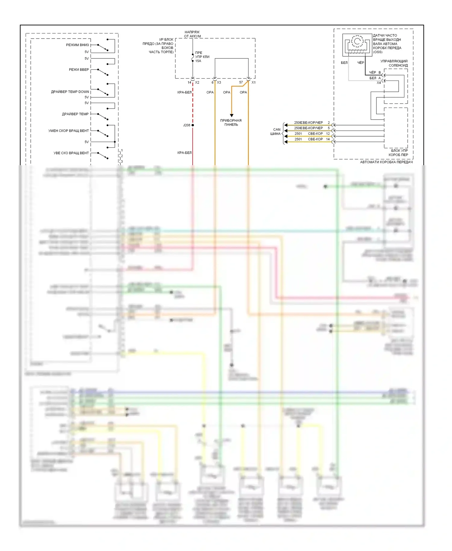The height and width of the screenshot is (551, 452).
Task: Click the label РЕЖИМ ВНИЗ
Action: pyautogui.click(x=77, y=45)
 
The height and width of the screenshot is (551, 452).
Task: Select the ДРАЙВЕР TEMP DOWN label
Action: pyautogui.click(x=70, y=92)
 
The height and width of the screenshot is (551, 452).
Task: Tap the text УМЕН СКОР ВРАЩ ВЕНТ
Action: pyautogui.click(x=68, y=131)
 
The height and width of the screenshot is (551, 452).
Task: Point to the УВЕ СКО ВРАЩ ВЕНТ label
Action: pyautogui.click(x=71, y=153)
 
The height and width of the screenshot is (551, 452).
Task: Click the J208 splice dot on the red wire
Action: pyautogui.click(x=193, y=125)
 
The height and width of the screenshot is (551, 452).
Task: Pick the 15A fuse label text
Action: pyautogui.click(x=198, y=61)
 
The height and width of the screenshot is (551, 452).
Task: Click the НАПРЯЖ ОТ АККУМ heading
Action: pyautogui.click(x=192, y=34)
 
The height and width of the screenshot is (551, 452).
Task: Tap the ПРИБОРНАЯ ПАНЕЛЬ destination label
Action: pyautogui.click(x=231, y=122)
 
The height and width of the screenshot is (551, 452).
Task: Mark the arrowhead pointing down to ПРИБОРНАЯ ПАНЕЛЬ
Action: pyautogui.click(x=231, y=115)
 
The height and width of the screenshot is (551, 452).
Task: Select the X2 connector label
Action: pyautogui.click(x=197, y=82)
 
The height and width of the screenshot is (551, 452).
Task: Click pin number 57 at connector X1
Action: pyautogui.click(x=241, y=82)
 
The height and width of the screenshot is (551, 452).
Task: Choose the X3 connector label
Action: pyautogui.click(x=219, y=82)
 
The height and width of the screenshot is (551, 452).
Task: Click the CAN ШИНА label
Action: pyautogui.click(x=276, y=132)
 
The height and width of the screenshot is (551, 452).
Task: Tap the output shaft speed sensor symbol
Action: pyautogui.click(x=357, y=44)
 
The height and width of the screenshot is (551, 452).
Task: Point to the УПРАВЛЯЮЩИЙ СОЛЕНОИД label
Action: pyautogui.click(x=394, y=63)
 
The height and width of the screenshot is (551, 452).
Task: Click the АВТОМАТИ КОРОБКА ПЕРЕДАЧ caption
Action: pyautogui.click(x=386, y=162)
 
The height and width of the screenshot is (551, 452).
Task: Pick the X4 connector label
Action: pyautogui.click(x=379, y=83)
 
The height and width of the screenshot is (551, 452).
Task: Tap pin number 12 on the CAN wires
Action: pyautogui.click(x=328, y=134)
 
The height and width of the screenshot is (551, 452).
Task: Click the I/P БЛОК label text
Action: pyautogui.click(x=166, y=39)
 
